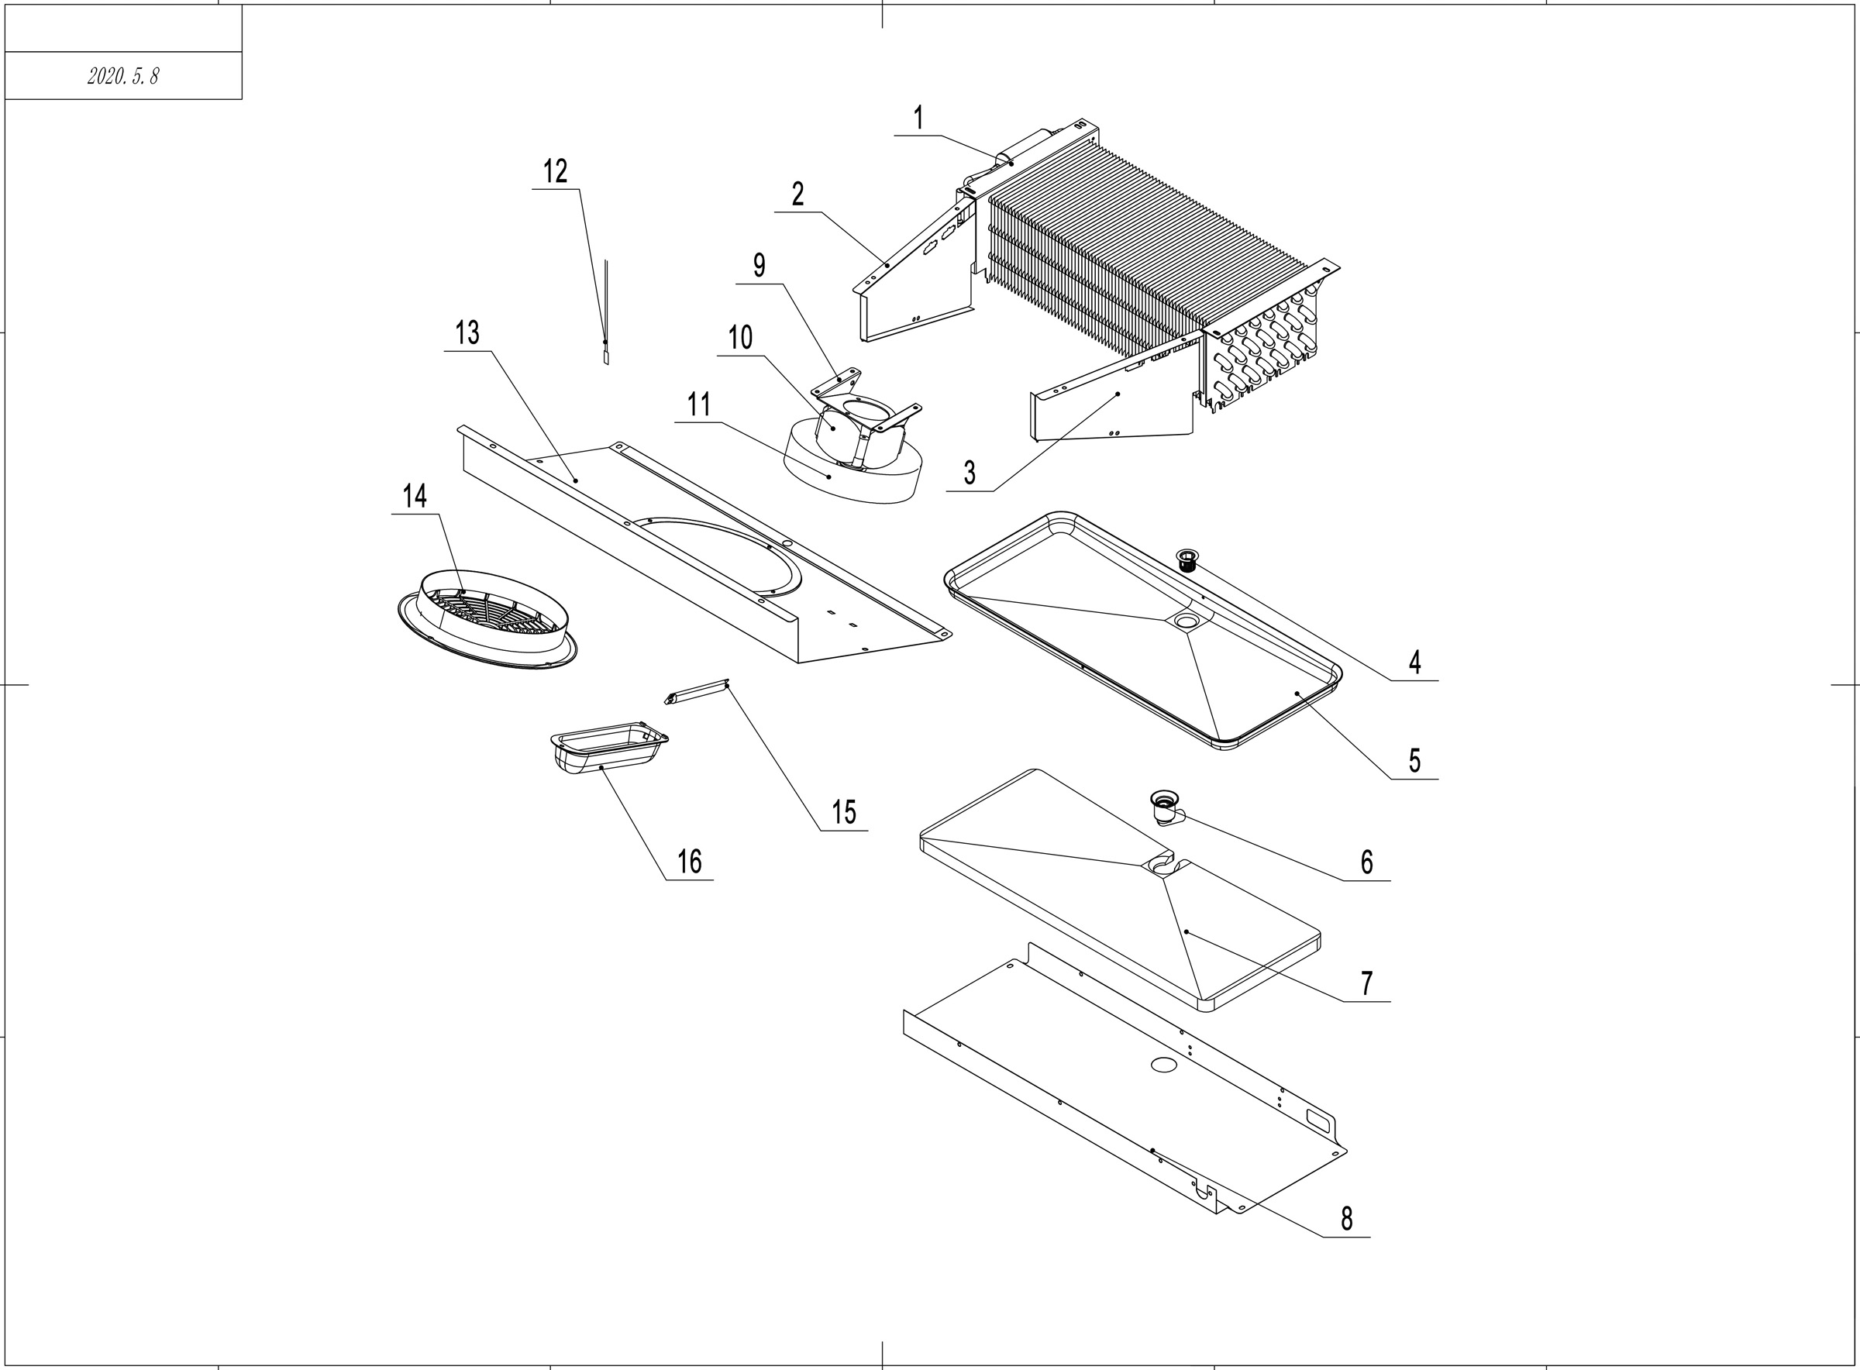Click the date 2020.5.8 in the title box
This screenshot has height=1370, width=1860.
[122, 76]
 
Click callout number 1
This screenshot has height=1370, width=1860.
[918, 119]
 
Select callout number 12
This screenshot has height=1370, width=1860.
[555, 172]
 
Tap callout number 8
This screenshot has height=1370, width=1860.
[1346, 1218]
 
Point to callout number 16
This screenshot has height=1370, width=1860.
[689, 862]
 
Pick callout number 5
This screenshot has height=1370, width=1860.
[1414, 760]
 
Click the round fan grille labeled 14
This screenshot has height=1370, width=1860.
[487, 618]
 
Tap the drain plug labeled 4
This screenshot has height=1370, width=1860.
[1188, 559]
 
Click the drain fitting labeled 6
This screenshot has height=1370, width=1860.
[1166, 805]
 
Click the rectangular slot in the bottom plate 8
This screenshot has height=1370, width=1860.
[1317, 1119]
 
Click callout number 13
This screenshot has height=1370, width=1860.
[467, 332]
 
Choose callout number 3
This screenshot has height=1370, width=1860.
[970, 473]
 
